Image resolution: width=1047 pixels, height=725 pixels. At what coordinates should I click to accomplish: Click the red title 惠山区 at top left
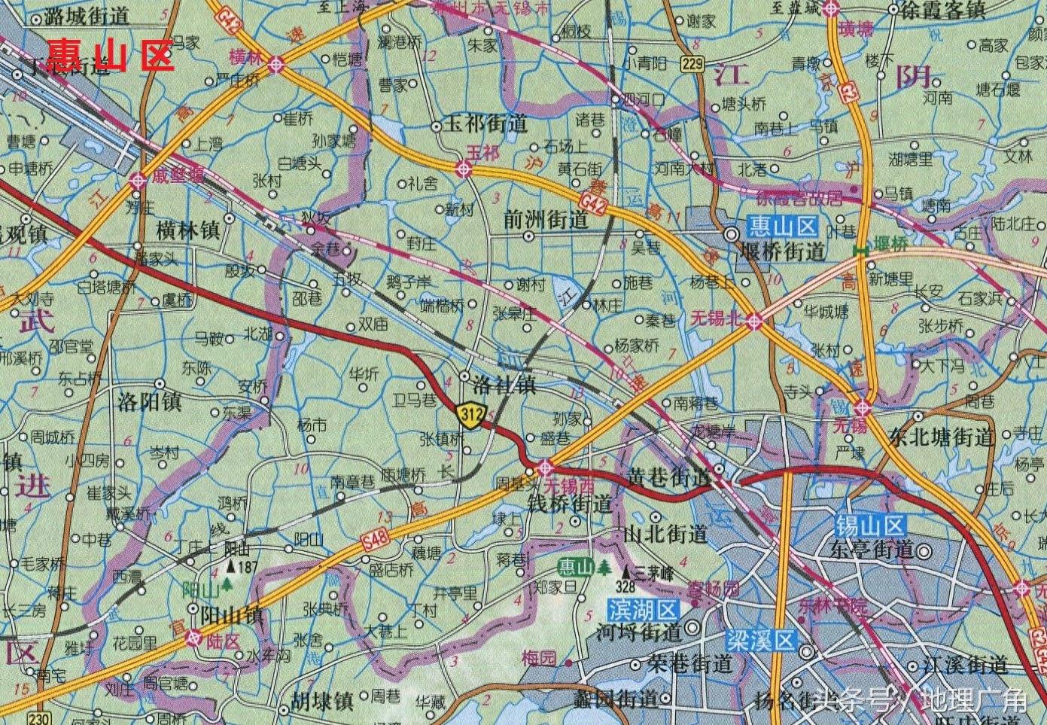[x=111, y=55]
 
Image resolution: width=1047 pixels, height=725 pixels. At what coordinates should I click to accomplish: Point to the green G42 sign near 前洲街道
[x=594, y=203]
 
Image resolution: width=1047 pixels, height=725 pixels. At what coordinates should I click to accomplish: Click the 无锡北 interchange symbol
[x=755, y=321]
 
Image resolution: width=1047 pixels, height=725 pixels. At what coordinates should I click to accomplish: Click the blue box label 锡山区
[x=871, y=525]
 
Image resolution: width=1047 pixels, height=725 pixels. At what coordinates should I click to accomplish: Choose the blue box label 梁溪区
[x=760, y=641]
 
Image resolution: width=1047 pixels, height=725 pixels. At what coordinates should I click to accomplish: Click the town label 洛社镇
[x=504, y=385]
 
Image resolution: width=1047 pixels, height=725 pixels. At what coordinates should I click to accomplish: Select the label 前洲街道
[x=546, y=219]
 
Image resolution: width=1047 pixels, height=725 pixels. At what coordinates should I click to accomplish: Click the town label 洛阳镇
[x=150, y=401]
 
